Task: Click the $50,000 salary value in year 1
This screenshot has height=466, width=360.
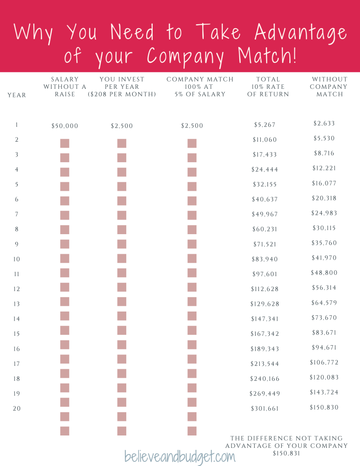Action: pos(65,126)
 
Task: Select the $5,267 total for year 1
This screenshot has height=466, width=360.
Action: pos(265,124)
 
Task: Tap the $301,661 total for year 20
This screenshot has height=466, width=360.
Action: pos(265,409)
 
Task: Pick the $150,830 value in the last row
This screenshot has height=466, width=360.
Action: pos(324,407)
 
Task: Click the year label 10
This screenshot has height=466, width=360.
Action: pos(17,259)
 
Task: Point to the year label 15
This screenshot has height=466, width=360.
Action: pos(17,333)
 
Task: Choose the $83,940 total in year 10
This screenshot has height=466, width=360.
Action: pos(265,259)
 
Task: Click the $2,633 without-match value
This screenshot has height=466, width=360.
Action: pos(324,123)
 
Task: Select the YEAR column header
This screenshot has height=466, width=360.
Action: pos(17,95)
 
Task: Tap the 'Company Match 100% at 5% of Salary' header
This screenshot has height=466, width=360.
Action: pos(200,87)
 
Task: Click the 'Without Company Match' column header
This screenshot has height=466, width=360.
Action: pos(329,87)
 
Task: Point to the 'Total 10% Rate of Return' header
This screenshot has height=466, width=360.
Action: pos(268,87)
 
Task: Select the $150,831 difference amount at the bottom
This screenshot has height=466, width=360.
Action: pos(286,454)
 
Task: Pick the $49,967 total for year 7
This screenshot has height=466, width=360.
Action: pos(265,214)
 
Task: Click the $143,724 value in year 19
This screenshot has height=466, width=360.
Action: pos(324,392)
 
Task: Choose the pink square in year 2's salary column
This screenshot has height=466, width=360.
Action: pos(65,143)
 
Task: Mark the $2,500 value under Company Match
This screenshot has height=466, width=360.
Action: pos(192,126)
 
